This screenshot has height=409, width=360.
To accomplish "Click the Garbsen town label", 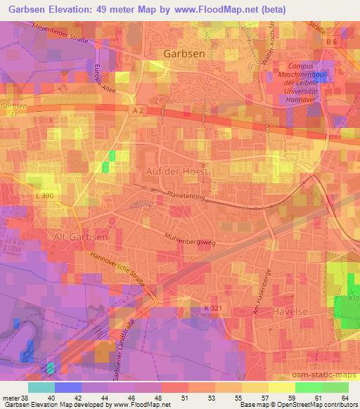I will click(x=184, y=53).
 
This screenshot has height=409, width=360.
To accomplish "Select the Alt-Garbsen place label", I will click(x=80, y=238).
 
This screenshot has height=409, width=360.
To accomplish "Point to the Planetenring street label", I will click(x=185, y=196).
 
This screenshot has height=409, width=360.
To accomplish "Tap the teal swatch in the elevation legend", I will click(x=41, y=387).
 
